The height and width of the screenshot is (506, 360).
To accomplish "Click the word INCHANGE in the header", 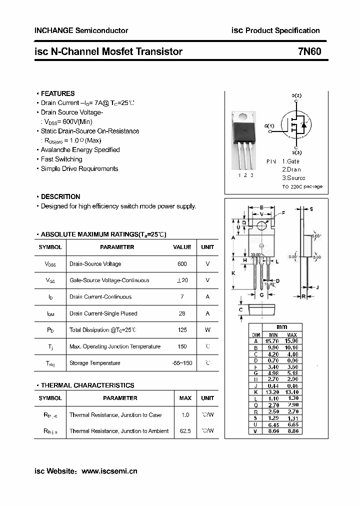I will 53,30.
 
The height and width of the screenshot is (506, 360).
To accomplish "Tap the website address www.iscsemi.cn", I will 109,471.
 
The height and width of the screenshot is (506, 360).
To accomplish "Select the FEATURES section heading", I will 57,93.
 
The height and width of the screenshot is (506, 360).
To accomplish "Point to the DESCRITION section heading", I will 60,196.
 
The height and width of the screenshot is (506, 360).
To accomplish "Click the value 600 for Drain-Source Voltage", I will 182,264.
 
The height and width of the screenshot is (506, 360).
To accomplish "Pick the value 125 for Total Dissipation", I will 182,330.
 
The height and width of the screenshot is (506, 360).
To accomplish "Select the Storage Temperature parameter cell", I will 94,363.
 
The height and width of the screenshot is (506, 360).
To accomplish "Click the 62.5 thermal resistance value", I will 185,431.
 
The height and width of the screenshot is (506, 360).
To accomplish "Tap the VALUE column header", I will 182,247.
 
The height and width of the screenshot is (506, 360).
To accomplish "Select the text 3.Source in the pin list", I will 293,178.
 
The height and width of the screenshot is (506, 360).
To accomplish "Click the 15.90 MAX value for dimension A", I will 292,341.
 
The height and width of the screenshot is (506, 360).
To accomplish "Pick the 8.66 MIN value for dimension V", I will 273,431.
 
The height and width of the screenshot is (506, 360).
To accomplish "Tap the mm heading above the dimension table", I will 281,326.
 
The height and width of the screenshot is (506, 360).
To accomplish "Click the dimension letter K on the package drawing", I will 233,273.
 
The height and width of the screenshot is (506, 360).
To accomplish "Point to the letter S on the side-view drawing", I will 311,209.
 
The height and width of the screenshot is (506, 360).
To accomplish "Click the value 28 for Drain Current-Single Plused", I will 182,313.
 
